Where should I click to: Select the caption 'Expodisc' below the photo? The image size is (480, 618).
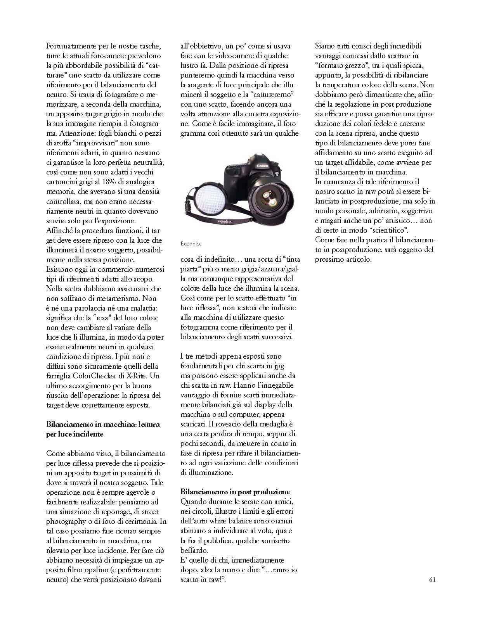click(x=191, y=244)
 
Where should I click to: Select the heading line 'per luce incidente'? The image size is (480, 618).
click(x=75, y=434)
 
